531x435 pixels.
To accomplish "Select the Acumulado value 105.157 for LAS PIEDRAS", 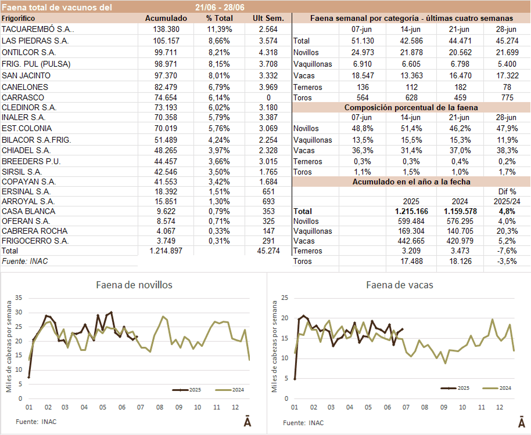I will (166, 41).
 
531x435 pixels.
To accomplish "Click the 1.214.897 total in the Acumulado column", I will (166, 251).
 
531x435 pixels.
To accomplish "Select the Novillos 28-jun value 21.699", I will (501, 52).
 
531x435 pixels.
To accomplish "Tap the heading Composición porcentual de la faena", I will (411, 107).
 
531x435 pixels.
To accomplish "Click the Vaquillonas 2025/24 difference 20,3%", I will (503, 231).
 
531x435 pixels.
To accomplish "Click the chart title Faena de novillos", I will (134, 285).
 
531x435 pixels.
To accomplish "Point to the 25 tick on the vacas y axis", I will (285, 298).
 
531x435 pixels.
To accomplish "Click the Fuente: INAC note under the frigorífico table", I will (25, 262).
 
